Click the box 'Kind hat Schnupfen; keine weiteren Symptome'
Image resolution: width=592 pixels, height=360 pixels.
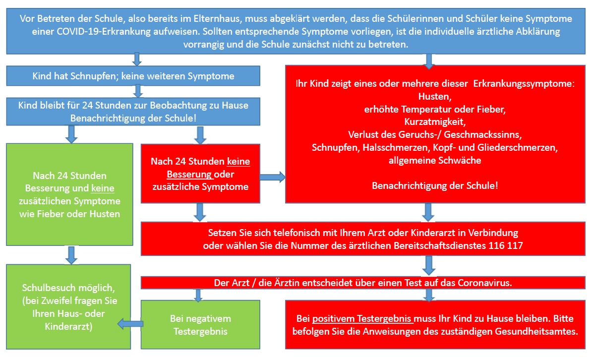click(133, 76)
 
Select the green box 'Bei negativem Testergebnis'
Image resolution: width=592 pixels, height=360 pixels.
click(200, 324)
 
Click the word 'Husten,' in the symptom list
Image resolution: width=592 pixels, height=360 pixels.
click(435, 96)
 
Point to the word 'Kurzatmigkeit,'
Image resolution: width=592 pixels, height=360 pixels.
click(435, 121)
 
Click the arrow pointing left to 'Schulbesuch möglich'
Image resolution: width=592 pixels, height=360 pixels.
click(130, 324)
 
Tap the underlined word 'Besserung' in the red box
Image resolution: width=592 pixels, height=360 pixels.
click(189, 174)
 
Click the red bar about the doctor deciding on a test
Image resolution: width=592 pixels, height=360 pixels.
click(363, 283)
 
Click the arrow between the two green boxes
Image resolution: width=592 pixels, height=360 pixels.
click(71, 255)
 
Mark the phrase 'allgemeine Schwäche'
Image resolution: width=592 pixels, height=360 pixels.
click(435, 160)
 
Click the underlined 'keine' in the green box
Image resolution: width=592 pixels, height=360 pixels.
click(103, 188)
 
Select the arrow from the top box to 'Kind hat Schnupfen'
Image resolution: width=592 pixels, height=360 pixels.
click(137, 60)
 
